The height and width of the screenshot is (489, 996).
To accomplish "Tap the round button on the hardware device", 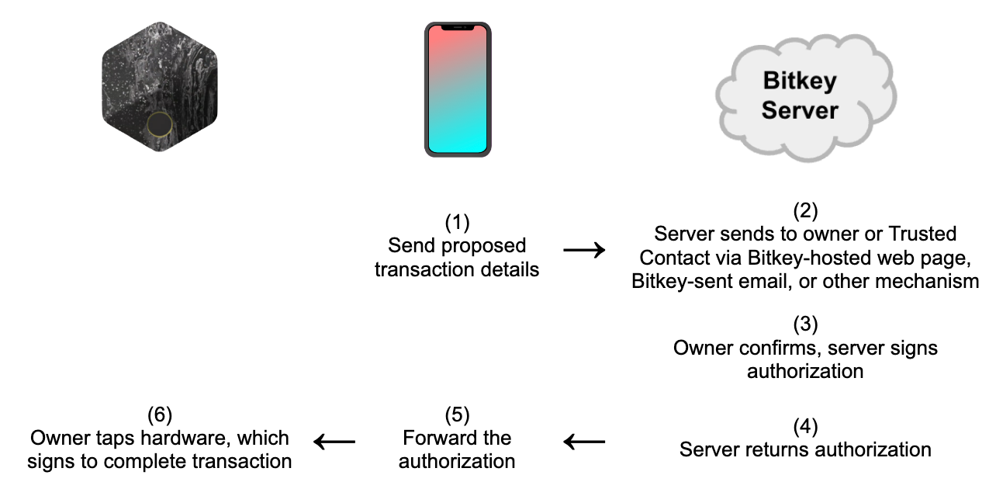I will pyautogui.click(x=159, y=124).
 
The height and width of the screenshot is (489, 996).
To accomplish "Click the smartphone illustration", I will pyautogui.click(x=457, y=89).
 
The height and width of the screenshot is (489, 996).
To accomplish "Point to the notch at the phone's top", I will pyautogui.click(x=457, y=29).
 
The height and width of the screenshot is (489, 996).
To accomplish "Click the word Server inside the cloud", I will pyautogui.click(x=800, y=110).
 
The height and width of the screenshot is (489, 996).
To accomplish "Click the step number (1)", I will pyautogui.click(x=457, y=223).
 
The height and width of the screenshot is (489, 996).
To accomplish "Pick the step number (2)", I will pyautogui.click(x=805, y=210).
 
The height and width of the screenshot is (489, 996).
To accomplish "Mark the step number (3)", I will pyautogui.click(x=805, y=324).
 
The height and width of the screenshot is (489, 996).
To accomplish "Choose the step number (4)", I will pyautogui.click(x=805, y=426).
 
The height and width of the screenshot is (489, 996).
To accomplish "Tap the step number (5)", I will pyautogui.click(x=457, y=414).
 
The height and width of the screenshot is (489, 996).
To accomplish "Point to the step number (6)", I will pyautogui.click(x=159, y=414).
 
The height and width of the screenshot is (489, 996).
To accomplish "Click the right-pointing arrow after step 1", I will pyautogui.click(x=584, y=250).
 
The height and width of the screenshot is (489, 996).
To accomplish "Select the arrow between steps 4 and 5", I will pyautogui.click(x=584, y=442).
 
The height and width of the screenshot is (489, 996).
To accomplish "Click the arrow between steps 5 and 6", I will pyautogui.click(x=334, y=442).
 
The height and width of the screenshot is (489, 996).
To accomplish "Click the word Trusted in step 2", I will pyautogui.click(x=922, y=234).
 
